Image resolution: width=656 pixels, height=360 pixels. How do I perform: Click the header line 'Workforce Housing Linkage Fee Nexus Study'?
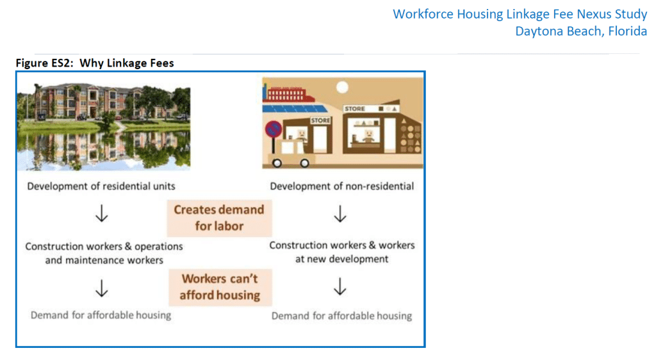520,14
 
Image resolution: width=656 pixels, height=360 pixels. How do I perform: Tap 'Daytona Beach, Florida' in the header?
581,31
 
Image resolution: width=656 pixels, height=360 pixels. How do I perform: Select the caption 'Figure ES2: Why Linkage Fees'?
95,63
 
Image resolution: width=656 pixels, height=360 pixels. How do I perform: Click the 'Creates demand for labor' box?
219,218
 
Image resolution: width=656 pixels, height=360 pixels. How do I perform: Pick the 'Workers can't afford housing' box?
220,287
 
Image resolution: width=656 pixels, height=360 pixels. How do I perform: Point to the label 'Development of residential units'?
101,186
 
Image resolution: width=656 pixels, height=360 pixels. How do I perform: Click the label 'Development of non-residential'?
342,186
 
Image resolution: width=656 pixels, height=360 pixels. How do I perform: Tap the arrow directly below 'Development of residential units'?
102,213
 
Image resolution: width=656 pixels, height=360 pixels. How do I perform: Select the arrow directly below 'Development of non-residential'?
340,213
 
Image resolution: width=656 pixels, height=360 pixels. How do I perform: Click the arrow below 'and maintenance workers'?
102,288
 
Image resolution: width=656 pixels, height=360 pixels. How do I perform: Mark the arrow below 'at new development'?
340,287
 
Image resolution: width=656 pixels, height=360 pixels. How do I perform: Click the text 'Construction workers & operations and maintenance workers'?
104,254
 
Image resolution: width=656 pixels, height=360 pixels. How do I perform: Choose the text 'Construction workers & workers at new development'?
342,252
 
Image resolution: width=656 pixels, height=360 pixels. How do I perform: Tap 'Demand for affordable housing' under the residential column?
101,315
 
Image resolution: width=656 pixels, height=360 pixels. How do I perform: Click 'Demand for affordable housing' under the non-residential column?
342,316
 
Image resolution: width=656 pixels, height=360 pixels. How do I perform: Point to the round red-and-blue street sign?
273,129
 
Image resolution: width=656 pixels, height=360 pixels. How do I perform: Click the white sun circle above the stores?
342,87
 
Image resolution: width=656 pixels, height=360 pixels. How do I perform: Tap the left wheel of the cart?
277,163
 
